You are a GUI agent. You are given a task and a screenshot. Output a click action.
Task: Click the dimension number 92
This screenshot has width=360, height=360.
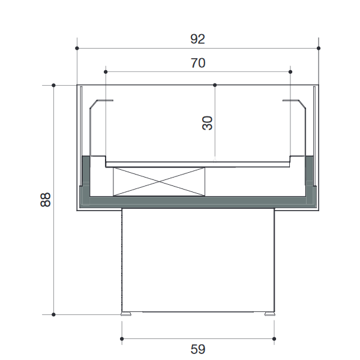(x=197, y=39)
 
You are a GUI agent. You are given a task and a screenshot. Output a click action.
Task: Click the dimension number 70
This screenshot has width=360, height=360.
(x=198, y=63)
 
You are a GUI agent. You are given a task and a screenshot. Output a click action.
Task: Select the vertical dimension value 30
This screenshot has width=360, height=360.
(x=208, y=123)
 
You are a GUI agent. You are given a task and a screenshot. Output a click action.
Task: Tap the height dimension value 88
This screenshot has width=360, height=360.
(x=45, y=200)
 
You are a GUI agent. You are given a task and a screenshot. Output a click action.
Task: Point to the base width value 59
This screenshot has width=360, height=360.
(x=197, y=349)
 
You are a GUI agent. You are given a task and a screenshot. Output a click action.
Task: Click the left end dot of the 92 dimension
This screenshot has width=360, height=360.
(x=77, y=48)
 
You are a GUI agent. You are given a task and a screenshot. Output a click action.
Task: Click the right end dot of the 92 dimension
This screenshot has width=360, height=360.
(x=319, y=48)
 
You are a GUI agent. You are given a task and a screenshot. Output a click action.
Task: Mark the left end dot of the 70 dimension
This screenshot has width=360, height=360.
(x=106, y=72)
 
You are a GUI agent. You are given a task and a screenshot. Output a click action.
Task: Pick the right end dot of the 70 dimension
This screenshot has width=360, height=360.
(x=290, y=72)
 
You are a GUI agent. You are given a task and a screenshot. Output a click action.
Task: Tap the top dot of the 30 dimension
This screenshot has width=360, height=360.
(x=215, y=85)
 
